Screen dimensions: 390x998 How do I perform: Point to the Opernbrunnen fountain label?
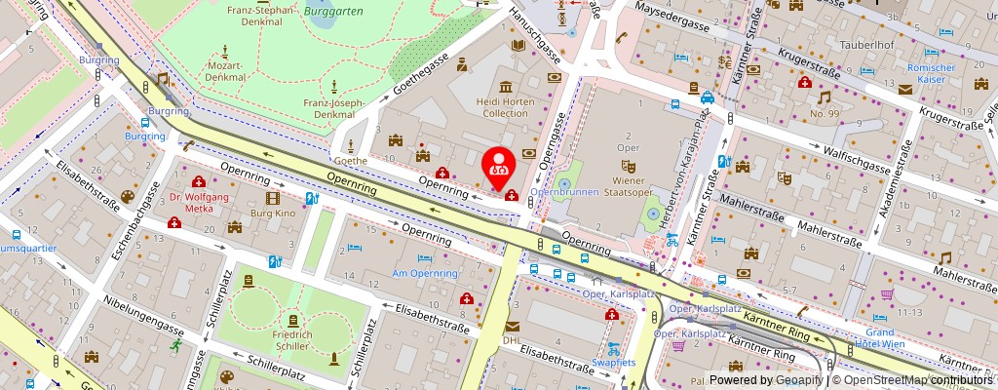[564, 192]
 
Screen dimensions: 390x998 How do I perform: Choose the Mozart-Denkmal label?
[226, 71]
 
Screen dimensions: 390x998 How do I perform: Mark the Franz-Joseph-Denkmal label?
[333, 107]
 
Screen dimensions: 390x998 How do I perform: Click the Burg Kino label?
[272, 211]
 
